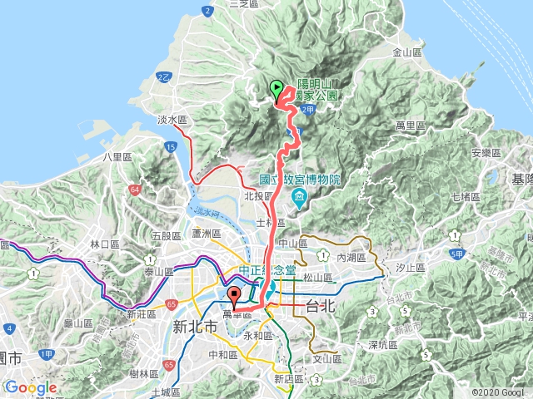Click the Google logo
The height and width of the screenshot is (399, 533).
click(x=30, y=387)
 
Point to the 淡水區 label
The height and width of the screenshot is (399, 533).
click(x=171, y=120)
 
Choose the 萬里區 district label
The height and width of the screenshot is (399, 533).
click(x=412, y=125)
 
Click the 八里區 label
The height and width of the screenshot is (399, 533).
click(x=112, y=155)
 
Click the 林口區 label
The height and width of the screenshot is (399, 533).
click(x=105, y=244)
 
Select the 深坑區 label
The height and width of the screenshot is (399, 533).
click(x=384, y=343)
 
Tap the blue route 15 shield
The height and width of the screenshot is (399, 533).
click(x=170, y=147)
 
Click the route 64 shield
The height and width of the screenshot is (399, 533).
click(x=135, y=190)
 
